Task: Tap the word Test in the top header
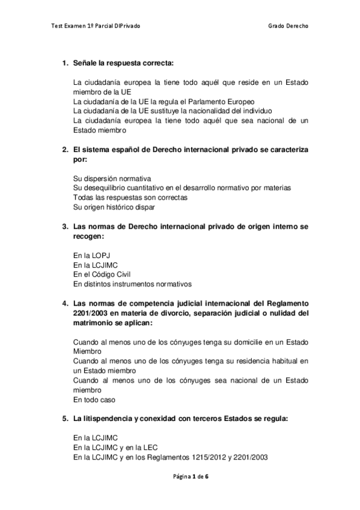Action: (x=58, y=26)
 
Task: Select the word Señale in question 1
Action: (x=85, y=63)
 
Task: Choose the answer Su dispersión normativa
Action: (x=111, y=179)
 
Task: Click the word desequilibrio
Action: (x=109, y=188)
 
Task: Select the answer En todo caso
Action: (x=94, y=398)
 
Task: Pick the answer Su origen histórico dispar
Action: (x=114, y=207)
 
